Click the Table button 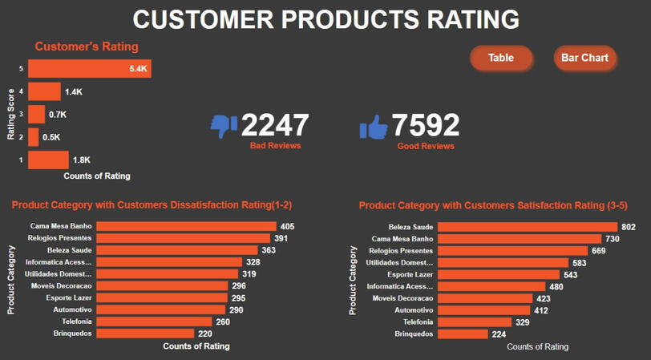coord(501,58)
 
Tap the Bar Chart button coord(584,58)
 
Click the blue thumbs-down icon coord(224,125)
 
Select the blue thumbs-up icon coord(374,126)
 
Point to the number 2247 coord(275,125)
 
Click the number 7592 coord(426,125)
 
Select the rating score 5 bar coord(89,69)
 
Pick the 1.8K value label coord(82,160)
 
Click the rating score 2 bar coord(34,137)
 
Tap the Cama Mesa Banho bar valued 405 coord(186,227)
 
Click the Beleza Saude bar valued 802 coord(528,227)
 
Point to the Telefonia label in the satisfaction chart coord(417,322)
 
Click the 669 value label coord(598,251)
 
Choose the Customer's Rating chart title coord(87,47)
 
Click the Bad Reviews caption coord(275,146)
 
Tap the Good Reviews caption coord(426,146)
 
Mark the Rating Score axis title coord(11,114)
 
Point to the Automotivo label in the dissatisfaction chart coord(72,309)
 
